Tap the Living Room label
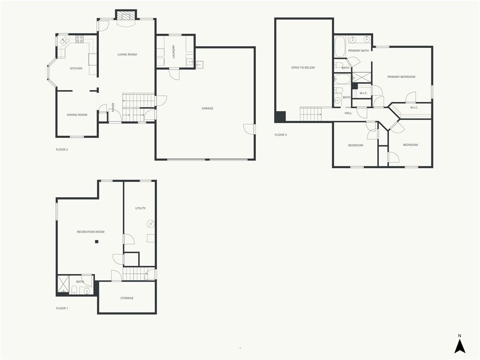pos(127,54)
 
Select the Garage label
pos(208,108)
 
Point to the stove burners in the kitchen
pos(79,39)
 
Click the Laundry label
pos(173,52)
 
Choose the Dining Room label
pos(77,115)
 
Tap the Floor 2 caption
pos(62,150)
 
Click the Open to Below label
pos(303,67)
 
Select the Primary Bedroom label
pos(401,77)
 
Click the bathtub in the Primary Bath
pos(339,46)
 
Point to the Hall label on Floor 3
pos(348,113)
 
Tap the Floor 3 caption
pos(281,135)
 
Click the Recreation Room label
pos(90,232)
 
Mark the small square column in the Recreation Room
pos(97,242)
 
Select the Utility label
pos(141,208)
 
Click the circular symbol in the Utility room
pos(150,224)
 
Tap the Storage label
pos(127,298)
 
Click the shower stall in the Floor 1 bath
pos(63,285)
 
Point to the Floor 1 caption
pos(62,308)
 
